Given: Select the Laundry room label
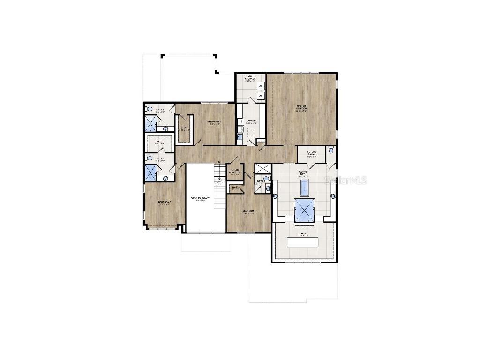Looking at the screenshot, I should coord(251,121).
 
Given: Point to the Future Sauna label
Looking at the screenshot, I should coord(312,153).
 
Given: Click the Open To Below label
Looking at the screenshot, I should coord(201,198).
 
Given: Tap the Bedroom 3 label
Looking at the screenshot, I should coord(165,202).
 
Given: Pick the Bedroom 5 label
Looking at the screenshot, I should coord(249,211).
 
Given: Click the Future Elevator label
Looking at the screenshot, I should coord(235,171).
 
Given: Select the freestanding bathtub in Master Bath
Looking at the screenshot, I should coord(305,188).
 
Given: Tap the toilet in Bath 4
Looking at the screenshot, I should coord(149,109).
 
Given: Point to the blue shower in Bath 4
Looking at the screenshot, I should coord(150,123).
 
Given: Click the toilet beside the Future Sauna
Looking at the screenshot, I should coord(331,150).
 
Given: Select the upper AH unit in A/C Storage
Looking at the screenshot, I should coord(261,86).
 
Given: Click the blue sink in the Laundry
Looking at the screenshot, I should coord(239,137).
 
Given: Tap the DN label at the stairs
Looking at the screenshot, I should coord(219,162).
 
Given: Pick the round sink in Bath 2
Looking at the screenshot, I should coord(165,178).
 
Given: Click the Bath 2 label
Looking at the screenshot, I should coord(160,158).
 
